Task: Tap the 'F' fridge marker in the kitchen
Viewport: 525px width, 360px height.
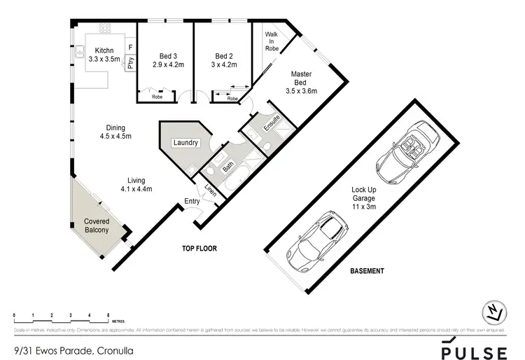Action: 130,48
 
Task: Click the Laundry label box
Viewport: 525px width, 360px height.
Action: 185,143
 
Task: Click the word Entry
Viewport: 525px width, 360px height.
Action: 192,202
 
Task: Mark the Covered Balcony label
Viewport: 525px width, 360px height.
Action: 97,226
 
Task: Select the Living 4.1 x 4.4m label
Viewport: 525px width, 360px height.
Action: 136,184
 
